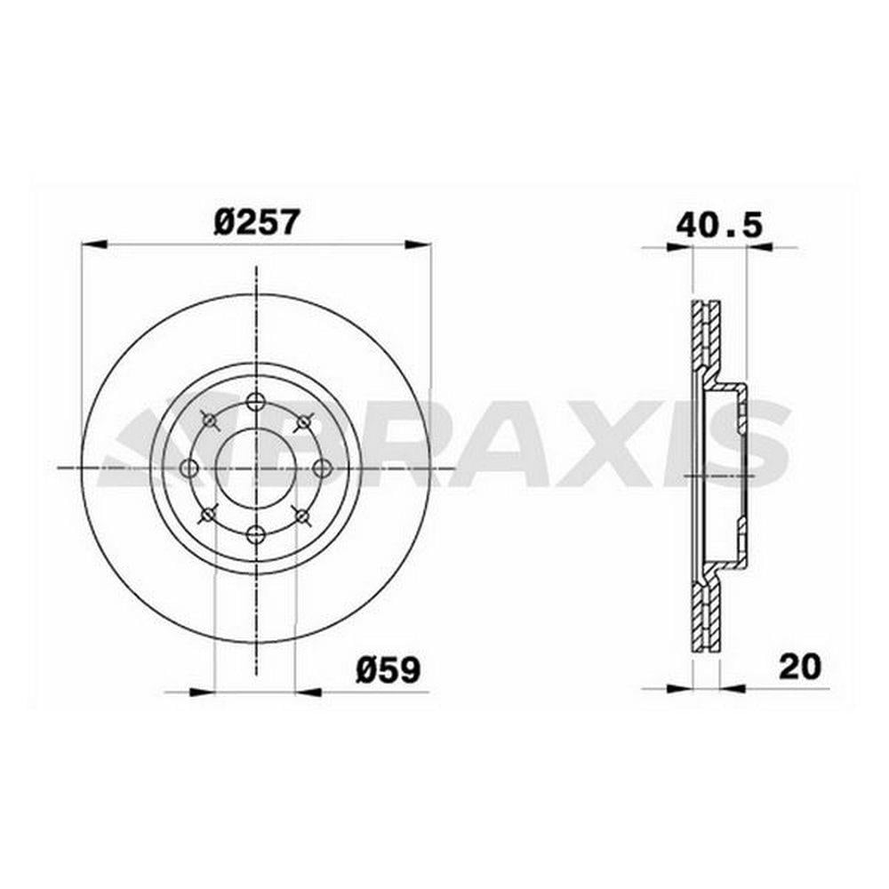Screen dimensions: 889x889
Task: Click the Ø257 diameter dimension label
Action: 256,222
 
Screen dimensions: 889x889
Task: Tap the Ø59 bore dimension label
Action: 388,670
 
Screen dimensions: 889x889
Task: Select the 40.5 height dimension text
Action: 720,226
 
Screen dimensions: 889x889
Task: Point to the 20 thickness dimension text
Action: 800,667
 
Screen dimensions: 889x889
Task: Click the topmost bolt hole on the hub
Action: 256,402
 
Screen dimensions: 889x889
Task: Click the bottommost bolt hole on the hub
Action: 256,534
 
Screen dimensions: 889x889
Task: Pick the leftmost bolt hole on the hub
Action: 189,469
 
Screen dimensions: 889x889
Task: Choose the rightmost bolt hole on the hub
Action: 323,469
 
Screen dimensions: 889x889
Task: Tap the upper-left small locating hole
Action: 210,420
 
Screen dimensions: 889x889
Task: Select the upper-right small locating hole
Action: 304,421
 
